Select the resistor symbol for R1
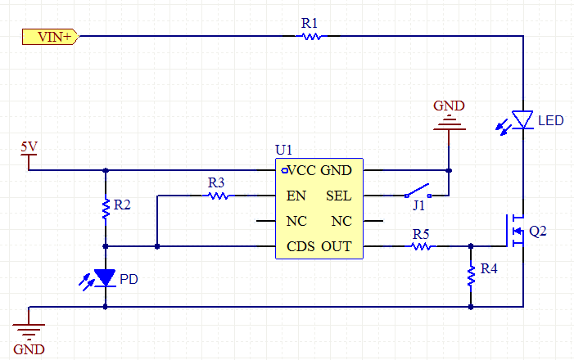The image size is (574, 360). (310, 36)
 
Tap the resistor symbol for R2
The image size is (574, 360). (106, 209)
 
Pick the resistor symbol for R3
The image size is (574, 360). (216, 196)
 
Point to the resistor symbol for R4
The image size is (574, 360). (471, 277)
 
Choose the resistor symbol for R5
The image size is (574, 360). (421, 245)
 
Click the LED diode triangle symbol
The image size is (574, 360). (522, 119)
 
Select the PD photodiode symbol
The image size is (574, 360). (106, 277)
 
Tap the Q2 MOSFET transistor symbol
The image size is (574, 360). (516, 230)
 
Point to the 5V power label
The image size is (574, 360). (29, 147)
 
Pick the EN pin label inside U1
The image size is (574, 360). (296, 196)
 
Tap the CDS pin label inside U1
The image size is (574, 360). (301, 246)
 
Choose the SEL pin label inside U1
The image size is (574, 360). (339, 196)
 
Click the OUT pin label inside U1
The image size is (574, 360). (337, 246)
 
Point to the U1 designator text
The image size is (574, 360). (283, 151)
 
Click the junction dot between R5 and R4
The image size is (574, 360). (471, 245)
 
